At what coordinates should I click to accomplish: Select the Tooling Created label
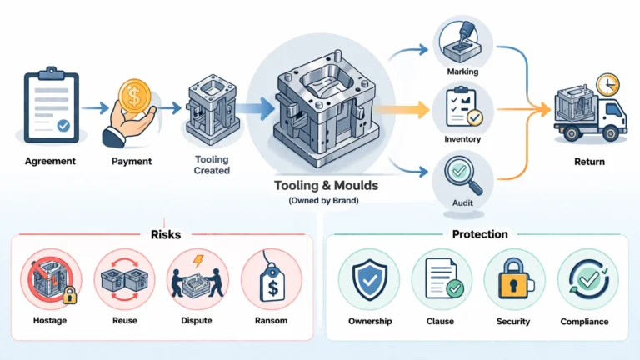click(x=212, y=165)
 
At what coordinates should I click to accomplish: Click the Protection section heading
click(x=479, y=235)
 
